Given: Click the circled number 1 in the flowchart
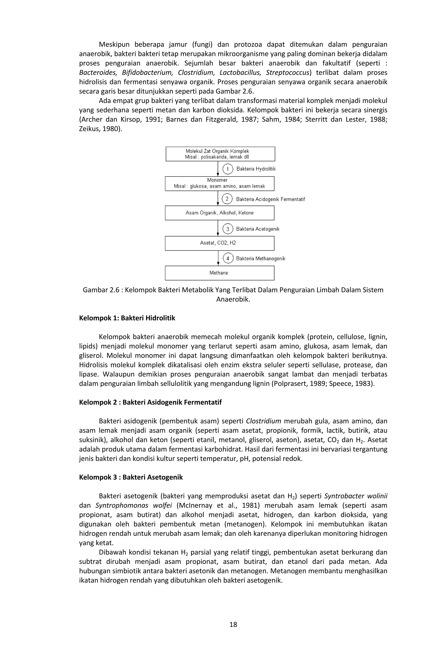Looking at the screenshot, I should [227, 169].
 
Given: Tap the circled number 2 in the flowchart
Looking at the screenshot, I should [227, 199].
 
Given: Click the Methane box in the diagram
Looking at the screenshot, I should [219, 273].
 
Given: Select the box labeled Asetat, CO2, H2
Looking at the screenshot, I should [219, 243].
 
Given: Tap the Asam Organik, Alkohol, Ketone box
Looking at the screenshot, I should [219, 213].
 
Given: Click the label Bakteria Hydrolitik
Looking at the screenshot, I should [256, 169].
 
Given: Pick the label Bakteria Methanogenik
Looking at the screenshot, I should [260, 259].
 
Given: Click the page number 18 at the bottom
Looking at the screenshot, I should [233, 624].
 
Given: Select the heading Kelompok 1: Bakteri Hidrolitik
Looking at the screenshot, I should [127, 318].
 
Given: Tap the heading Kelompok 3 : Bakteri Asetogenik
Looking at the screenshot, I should [131, 477].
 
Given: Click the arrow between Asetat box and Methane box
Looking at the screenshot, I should [218, 258].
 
